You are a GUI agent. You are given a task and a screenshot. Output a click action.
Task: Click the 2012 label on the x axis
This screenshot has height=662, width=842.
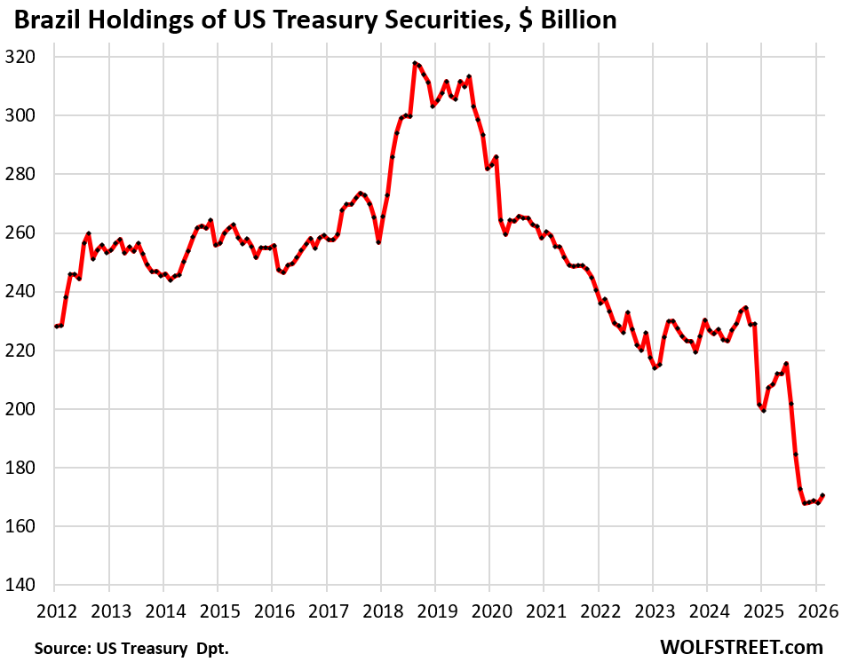[x=54, y=611]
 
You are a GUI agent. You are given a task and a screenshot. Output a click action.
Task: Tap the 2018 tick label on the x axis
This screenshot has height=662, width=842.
[x=380, y=611]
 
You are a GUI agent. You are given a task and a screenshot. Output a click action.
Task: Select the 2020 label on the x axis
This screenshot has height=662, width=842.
[x=489, y=611]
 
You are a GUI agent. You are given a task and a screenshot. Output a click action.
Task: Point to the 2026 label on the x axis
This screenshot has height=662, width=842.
[x=815, y=611]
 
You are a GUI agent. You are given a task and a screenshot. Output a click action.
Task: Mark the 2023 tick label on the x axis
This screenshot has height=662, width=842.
[x=652, y=611]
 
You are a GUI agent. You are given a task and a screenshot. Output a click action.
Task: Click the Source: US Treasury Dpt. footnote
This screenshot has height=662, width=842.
[x=131, y=649]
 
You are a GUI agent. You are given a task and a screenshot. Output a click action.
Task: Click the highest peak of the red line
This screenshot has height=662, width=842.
[x=415, y=63]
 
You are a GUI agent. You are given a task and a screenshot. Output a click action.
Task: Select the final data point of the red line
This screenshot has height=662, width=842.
[x=823, y=495]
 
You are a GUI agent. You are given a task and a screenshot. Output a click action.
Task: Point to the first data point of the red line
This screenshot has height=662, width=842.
[x=55, y=327]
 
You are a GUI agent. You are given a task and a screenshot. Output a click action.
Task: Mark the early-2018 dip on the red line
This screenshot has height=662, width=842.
[x=378, y=242]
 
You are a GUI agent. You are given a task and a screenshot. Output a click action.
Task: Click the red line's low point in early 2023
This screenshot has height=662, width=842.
[x=655, y=367]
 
